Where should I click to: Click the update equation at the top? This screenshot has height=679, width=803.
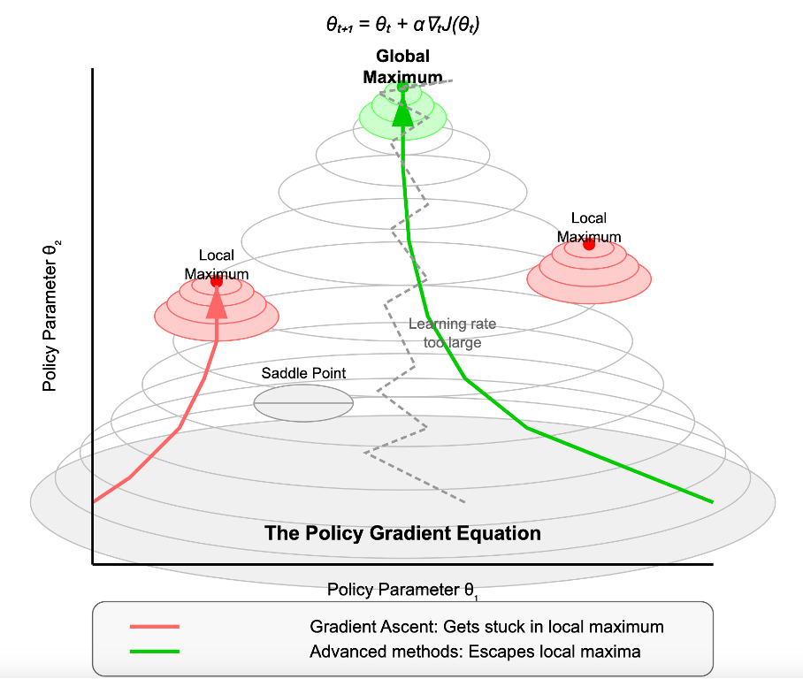tap(402, 25)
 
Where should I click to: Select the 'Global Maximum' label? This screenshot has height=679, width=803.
tap(402, 66)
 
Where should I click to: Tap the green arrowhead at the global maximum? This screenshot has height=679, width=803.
tap(402, 113)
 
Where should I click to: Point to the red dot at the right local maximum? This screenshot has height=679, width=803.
tap(589, 244)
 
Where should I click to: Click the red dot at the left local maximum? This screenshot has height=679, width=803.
tap(217, 281)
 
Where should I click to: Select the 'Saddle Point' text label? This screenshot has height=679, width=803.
tap(303, 373)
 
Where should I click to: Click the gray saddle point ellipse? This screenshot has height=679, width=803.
tap(303, 403)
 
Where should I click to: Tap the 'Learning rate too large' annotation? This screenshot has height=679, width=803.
tap(452, 332)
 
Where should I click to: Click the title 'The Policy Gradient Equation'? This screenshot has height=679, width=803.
tap(402, 533)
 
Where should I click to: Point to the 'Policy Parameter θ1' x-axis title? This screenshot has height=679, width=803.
tap(402, 591)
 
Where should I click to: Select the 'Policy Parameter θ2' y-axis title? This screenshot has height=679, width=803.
tap(51, 316)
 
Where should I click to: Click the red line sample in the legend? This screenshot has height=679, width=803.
tap(155, 626)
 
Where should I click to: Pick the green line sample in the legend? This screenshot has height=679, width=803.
tap(155, 652)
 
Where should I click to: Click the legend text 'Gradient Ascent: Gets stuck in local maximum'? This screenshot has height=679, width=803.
tap(486, 627)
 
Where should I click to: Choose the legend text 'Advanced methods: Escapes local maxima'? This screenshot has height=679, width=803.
tap(475, 652)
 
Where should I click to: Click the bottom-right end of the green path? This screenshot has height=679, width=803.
tap(713, 502)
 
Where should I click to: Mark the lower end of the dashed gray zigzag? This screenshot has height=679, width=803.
tap(464, 502)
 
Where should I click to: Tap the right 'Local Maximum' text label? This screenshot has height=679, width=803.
tap(589, 227)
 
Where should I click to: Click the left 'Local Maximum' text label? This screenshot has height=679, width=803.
tap(217, 264)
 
